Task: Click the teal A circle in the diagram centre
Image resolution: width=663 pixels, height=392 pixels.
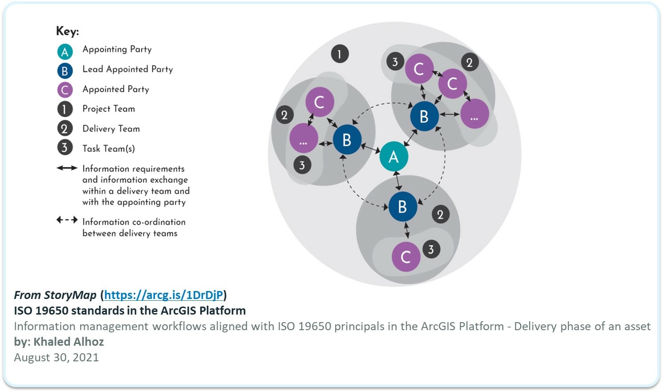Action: (394, 156)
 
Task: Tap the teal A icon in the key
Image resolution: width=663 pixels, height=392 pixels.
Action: (65, 52)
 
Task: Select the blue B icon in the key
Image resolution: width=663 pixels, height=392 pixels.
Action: (65, 71)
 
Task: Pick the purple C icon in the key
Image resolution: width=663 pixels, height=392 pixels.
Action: (65, 90)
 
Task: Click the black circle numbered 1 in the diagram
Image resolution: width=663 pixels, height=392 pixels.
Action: (340, 54)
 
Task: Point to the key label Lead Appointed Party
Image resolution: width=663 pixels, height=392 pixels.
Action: (127, 69)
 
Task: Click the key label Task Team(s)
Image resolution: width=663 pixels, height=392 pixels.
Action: (109, 148)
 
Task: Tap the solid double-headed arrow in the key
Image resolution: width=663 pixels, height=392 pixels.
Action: (67, 168)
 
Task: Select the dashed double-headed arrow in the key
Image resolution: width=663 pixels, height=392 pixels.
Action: (67, 220)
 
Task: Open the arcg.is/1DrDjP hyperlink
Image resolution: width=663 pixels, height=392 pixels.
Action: (163, 295)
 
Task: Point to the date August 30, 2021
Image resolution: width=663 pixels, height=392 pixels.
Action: (56, 357)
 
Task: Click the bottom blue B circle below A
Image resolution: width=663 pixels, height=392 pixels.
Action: (403, 206)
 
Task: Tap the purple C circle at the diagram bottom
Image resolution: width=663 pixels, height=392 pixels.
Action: (406, 257)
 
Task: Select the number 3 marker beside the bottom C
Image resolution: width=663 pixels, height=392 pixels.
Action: (431, 249)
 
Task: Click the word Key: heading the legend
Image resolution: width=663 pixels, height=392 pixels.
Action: (67, 31)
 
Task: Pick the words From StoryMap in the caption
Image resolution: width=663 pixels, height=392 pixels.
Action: (55, 295)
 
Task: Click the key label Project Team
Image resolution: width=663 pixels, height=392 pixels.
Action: (109, 109)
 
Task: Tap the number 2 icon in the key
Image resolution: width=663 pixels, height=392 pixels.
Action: (65, 129)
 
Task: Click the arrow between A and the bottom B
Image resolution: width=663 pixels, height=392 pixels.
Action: (398, 181)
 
